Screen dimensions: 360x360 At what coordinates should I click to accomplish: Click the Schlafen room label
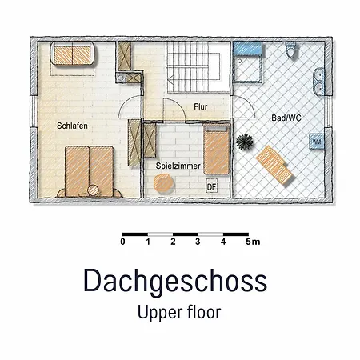point(72,126)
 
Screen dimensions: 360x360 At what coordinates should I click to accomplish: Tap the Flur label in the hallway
point(201,106)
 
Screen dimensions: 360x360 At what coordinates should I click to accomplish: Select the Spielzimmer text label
point(178,166)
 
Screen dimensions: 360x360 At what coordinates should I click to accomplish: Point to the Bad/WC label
point(286,118)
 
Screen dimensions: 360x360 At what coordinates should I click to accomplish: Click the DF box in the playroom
point(212,186)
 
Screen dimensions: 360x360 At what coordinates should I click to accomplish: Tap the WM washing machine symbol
point(317,142)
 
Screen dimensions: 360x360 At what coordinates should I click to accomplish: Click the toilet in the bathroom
point(290,50)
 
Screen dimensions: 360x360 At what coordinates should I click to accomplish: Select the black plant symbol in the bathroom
point(244,142)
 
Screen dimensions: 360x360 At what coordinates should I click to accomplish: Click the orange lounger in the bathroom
point(274,166)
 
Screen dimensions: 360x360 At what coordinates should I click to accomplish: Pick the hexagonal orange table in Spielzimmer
point(163,183)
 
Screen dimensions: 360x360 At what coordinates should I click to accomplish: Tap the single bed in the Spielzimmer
point(217,150)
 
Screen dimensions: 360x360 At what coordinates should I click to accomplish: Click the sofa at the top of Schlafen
point(72,54)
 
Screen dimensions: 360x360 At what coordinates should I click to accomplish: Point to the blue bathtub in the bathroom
point(247,49)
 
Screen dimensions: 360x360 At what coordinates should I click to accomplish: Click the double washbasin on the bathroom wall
point(318,82)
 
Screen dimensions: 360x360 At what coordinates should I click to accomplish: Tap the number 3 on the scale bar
point(198,242)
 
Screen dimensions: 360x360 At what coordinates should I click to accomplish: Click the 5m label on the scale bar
point(253,242)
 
